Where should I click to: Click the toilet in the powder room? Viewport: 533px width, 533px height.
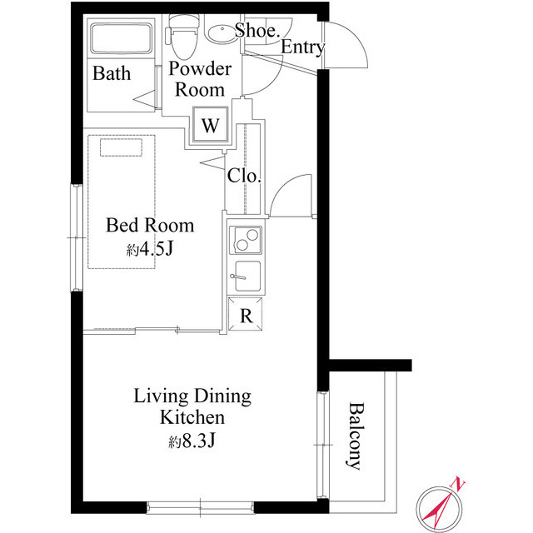click(183, 37)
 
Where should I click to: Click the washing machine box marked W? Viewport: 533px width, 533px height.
click(211, 125)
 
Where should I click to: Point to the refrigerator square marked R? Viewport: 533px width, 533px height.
click(246, 314)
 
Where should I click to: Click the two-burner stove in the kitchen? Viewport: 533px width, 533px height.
click(246, 240)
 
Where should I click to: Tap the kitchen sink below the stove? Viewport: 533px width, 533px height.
click(247, 276)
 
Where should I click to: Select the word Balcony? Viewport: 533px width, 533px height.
click(356, 436)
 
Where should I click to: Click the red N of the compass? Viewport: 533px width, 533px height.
click(458, 485)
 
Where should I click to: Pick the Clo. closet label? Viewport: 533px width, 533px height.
click(244, 176)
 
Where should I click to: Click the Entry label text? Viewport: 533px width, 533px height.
click(302, 47)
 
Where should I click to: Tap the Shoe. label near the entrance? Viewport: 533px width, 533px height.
click(257, 30)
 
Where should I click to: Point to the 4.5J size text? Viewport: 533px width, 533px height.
click(155, 250)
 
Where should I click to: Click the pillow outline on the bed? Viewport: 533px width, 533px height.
click(121, 147)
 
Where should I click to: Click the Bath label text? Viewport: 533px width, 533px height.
click(112, 73)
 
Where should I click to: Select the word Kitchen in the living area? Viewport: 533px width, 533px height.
click(192, 417)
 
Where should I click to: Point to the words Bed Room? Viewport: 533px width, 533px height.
click(150, 226)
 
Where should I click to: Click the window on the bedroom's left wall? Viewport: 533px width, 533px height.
click(77, 237)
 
